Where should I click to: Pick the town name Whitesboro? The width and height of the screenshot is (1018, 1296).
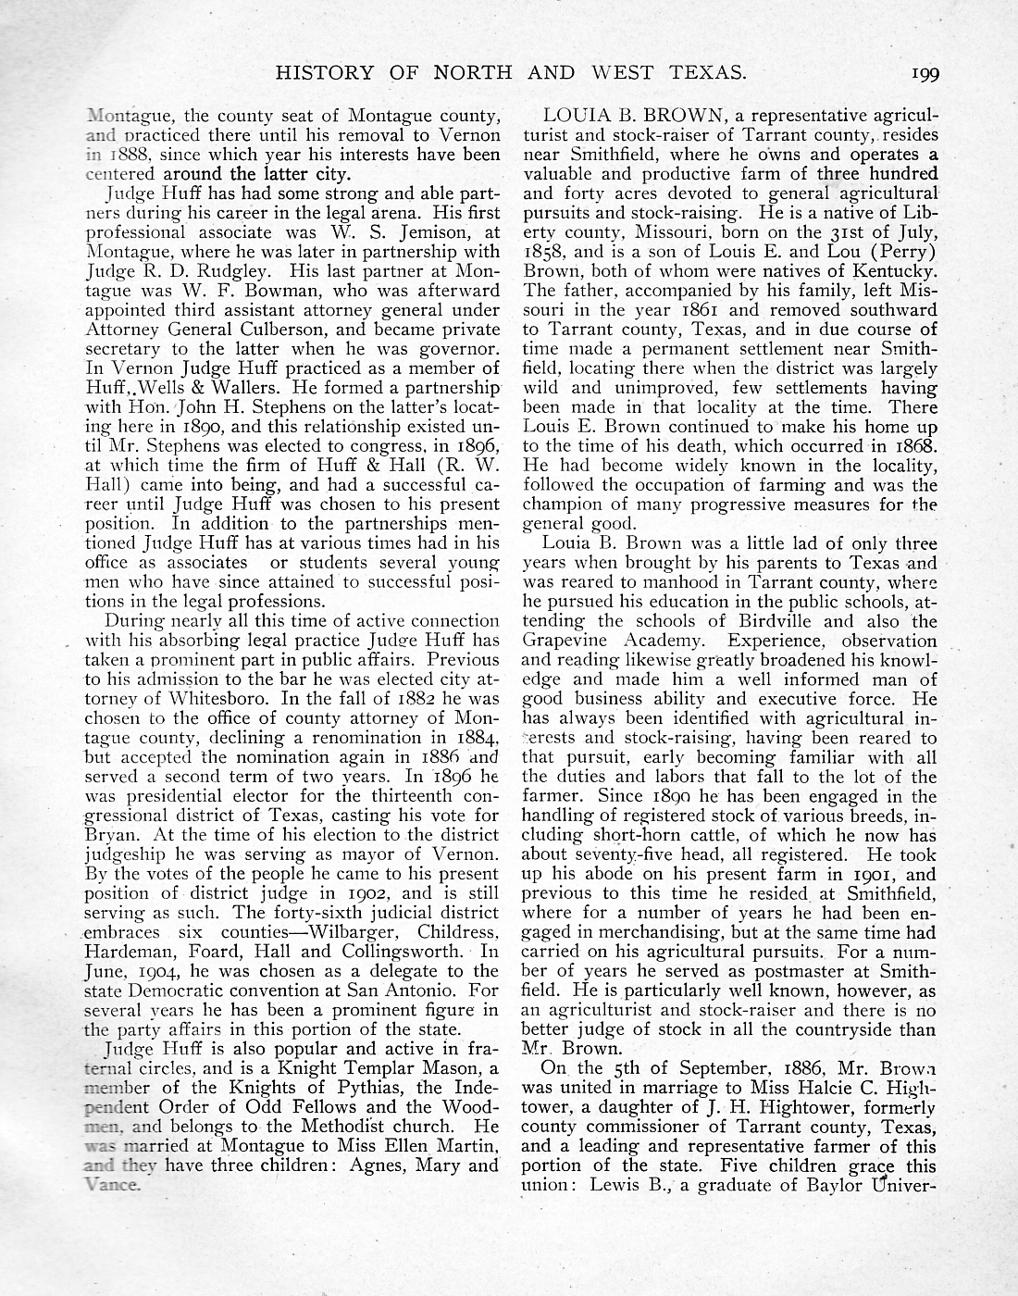coord(210,699)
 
